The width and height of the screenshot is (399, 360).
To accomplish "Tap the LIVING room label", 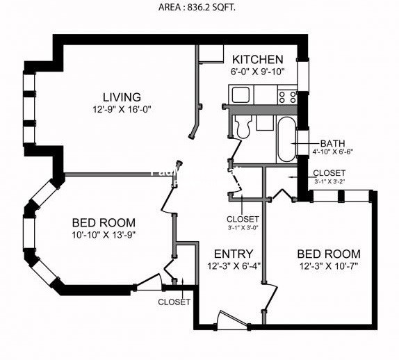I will (x=122, y=97).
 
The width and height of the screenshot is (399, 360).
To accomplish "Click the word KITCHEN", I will (x=257, y=60).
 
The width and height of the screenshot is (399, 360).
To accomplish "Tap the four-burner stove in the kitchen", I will (x=287, y=96).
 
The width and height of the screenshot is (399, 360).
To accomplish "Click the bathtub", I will (x=286, y=139).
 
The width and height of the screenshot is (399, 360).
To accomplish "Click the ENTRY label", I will (x=234, y=254).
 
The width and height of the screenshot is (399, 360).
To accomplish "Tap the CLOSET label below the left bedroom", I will (x=174, y=302).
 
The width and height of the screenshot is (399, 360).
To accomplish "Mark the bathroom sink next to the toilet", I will (x=265, y=122).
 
